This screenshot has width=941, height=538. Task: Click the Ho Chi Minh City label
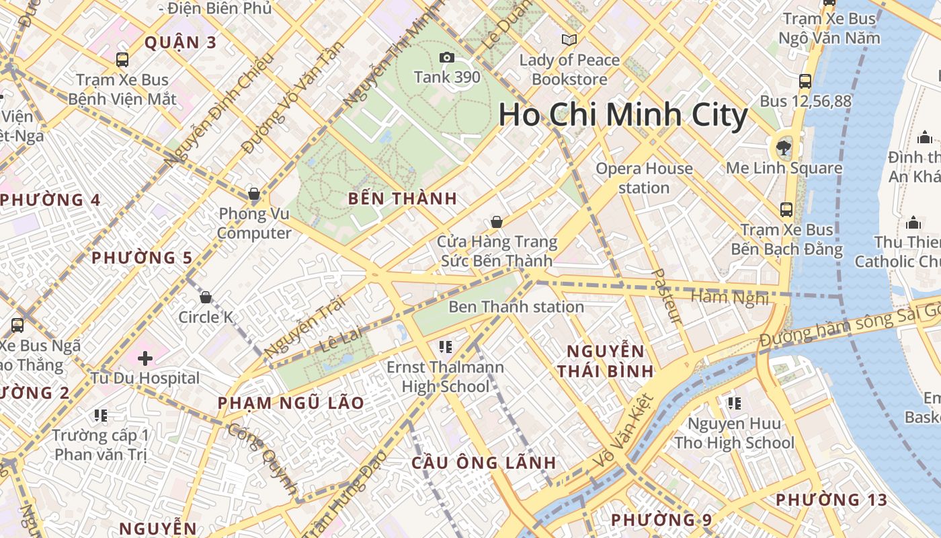622,115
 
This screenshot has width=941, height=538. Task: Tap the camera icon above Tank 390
446,59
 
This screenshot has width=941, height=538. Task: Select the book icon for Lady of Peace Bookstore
569,40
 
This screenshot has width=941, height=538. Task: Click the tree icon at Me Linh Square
783,147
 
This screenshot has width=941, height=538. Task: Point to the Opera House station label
643,178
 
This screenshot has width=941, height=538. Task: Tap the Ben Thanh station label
516,307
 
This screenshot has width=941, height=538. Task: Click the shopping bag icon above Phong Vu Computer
254,194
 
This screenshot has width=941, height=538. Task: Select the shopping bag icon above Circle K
206,297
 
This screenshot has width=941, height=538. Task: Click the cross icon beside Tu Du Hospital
145,358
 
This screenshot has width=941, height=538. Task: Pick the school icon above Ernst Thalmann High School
445,347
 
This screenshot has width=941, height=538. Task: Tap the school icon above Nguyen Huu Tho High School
734,403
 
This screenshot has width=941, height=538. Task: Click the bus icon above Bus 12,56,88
805,81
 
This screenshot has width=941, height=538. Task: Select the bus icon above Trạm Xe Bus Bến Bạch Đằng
786,210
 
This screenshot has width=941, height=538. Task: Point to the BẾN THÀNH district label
403,199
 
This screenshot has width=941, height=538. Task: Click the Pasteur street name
667,296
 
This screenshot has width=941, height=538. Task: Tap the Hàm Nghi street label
729,297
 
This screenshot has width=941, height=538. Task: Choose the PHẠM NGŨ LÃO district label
290,403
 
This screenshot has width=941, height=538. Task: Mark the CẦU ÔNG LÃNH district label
484,463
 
